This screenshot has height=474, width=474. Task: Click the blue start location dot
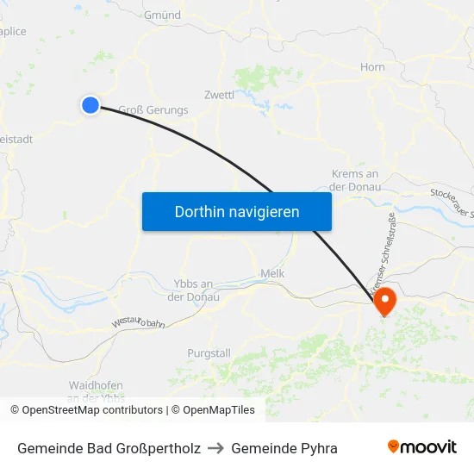coord(90,105)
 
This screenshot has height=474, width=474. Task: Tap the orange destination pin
coord(384,300)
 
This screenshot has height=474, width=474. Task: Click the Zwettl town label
coord(219,95)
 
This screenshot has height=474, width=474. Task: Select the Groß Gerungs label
coord(153,109)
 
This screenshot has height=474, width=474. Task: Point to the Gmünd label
coord(162,15)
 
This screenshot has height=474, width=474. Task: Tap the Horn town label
coord(372,67)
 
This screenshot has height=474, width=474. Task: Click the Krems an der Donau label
coord(354,180)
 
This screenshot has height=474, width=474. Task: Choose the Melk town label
coord(272,274)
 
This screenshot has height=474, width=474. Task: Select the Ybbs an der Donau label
coord(193,290)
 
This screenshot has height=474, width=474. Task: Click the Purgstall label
coord(209,353)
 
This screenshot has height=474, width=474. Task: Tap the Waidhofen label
coord(96,385)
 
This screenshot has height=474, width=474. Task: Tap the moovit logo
coord(421,447)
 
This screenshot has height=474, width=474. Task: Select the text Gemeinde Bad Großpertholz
coord(109,448)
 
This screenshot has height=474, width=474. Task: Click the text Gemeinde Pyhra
coord(284,448)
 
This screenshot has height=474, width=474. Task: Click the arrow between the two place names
coord(215,448)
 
